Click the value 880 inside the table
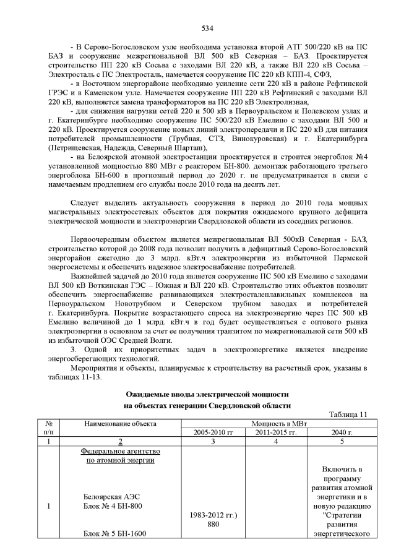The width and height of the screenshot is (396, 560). pos(213,523)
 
